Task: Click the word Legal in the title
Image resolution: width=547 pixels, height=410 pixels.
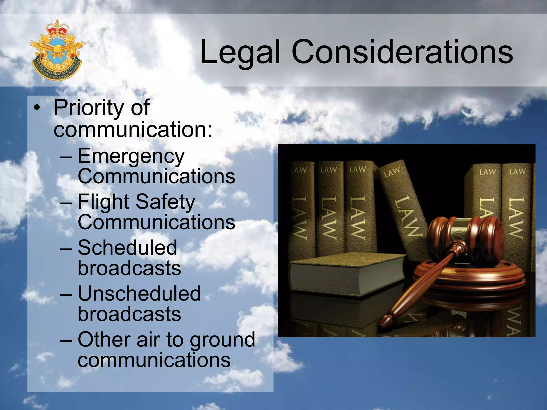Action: (240, 52)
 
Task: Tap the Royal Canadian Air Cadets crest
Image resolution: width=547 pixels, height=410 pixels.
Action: (57, 50)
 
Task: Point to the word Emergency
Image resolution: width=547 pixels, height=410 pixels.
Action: (131, 157)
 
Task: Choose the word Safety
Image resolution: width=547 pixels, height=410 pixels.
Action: (166, 202)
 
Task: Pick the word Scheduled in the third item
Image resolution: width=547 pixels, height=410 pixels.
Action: (127, 247)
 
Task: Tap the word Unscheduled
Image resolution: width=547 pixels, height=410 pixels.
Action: (139, 294)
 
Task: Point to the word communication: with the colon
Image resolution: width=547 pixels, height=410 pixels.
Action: (133, 129)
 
